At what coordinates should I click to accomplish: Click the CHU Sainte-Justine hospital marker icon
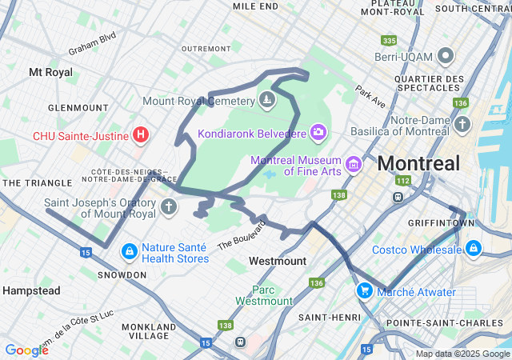141,134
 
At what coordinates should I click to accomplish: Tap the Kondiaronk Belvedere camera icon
318,131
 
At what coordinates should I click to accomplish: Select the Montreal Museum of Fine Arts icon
354,166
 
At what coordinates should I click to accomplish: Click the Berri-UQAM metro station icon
446,57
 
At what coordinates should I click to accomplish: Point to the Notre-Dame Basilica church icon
462,125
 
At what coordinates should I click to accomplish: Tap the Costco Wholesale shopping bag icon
474,249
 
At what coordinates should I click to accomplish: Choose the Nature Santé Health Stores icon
129,252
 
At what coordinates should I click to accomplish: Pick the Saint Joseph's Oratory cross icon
168,207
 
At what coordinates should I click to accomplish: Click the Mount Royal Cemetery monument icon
267,101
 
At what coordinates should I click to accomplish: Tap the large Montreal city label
418,163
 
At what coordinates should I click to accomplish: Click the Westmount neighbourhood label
277,262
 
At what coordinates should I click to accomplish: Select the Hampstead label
31,290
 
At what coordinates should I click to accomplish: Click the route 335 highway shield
389,40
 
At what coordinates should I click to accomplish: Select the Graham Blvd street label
92,43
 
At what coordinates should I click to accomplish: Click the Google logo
26,350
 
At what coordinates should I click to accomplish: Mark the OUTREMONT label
206,49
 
